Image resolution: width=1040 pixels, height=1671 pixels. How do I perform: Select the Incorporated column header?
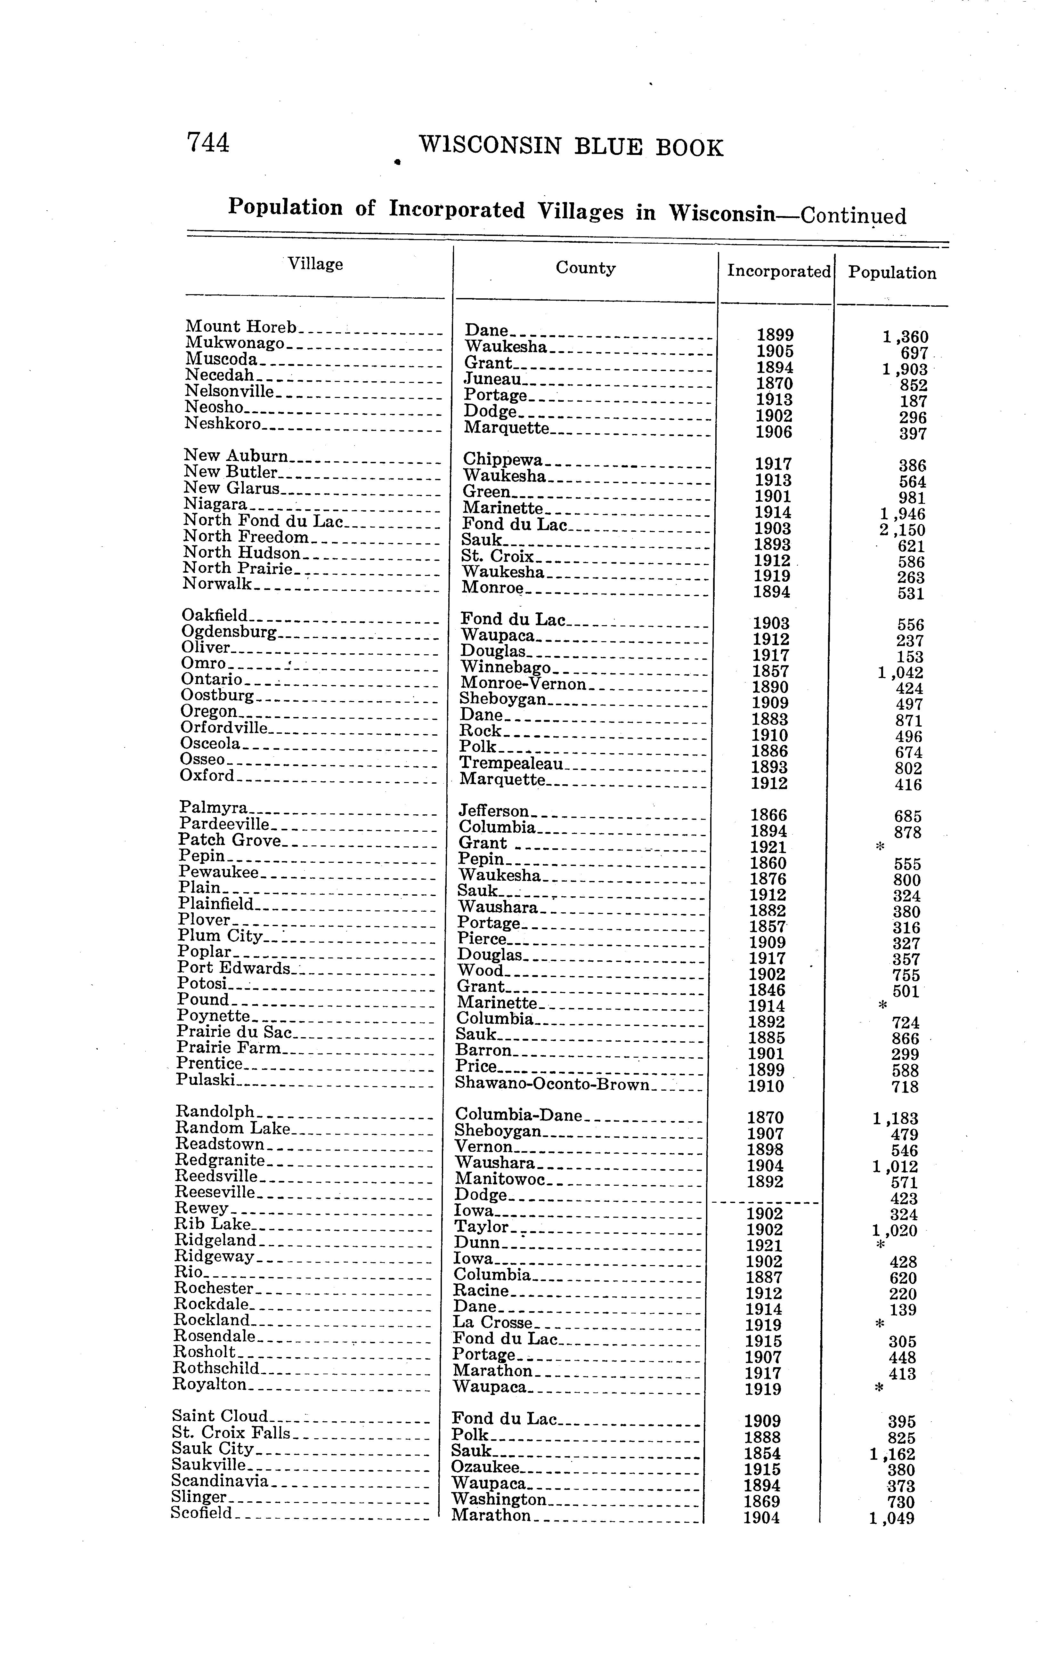pos(779,271)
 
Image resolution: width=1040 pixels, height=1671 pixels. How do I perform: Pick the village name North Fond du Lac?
pos(263,521)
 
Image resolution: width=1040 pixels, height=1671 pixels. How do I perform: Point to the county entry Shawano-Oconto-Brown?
pos(552,1085)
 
